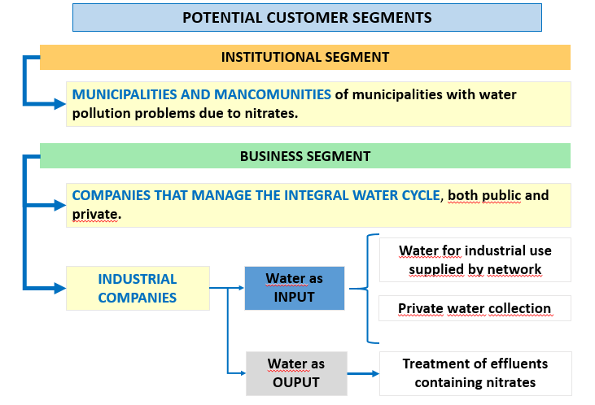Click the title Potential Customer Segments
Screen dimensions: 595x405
point(307,17)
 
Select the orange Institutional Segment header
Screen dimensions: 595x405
point(305,57)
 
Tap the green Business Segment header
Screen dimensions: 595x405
point(305,156)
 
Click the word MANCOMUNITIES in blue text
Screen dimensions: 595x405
point(273,94)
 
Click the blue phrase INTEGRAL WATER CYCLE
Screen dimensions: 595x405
point(362,195)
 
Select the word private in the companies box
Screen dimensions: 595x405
point(96,214)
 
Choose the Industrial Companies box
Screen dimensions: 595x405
point(138,288)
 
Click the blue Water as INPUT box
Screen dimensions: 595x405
point(295,288)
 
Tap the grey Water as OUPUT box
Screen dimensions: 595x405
point(296,373)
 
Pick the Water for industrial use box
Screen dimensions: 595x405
point(475,259)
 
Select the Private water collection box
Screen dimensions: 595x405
point(475,308)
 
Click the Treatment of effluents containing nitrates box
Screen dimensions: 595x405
point(475,373)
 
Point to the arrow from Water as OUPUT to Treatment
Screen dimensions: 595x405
point(363,373)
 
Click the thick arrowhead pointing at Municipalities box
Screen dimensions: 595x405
point(60,103)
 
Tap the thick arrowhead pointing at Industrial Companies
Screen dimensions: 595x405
point(60,288)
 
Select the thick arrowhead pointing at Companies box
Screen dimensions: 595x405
point(60,205)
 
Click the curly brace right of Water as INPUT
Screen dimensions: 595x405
point(367,289)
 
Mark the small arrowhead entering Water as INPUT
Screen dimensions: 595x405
point(241,288)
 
